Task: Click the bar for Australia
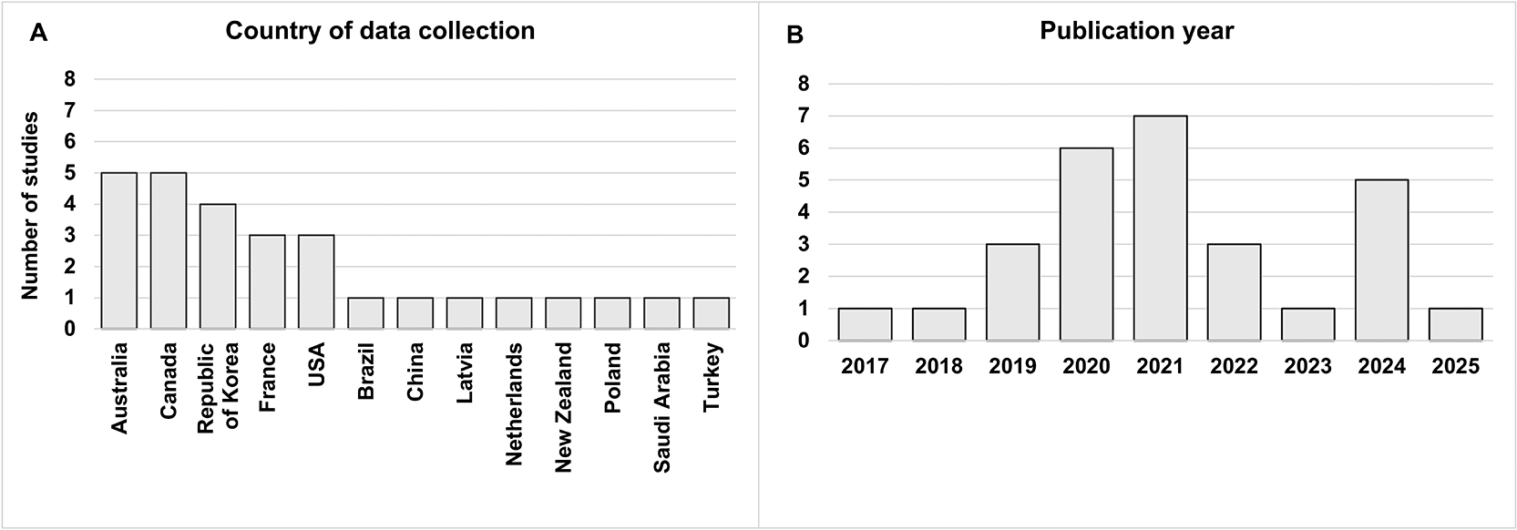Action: tap(119, 250)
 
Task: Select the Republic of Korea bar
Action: tap(218, 266)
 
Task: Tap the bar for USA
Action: tap(316, 281)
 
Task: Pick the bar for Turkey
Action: tap(711, 312)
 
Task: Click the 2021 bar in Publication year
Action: tap(1160, 228)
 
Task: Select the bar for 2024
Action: tap(1381, 260)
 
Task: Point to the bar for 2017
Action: tap(865, 324)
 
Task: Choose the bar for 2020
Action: tap(1086, 244)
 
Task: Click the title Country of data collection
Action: tap(380, 31)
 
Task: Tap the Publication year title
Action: tap(1136, 31)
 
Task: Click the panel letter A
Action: tap(38, 33)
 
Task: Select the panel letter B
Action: tap(794, 36)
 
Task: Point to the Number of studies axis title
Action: tap(30, 205)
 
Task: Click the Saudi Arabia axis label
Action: tap(661, 407)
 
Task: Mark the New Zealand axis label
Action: tap(563, 407)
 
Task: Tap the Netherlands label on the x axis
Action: tap(513, 404)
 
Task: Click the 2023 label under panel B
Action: tap(1307, 366)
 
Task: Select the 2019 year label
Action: tap(1012, 366)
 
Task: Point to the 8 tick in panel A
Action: tap(70, 79)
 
